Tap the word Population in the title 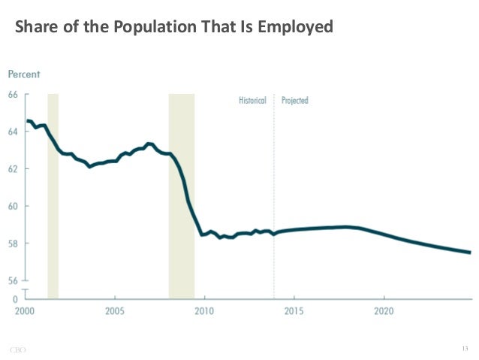[151, 28]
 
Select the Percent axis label [24, 74]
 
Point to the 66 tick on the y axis [14, 95]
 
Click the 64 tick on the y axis [14, 132]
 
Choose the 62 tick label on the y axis [14, 169]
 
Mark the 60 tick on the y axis [14, 206]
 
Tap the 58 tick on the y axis [14, 244]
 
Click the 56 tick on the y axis [14, 280]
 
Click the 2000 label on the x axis [24, 310]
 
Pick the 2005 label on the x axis [114, 310]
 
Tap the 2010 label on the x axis [204, 310]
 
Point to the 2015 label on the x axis [294, 310]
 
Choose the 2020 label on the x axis [384, 310]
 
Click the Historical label [252, 101]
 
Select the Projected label [295, 101]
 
